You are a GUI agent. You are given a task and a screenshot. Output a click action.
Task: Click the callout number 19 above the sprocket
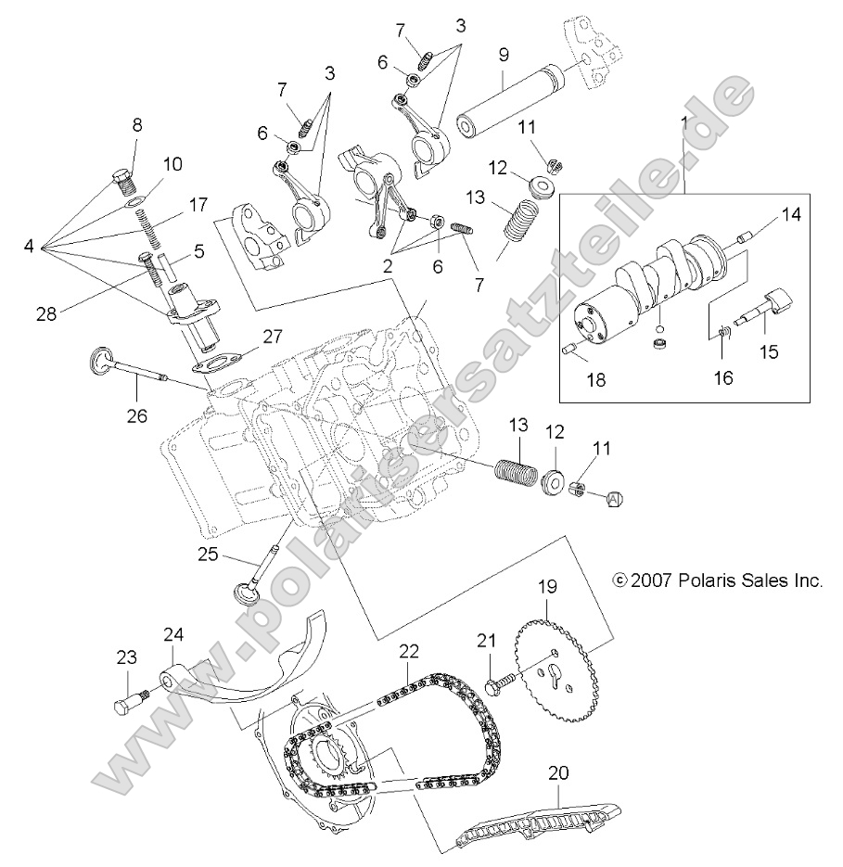(x=546, y=587)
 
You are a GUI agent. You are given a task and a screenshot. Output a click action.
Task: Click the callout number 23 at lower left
(x=127, y=657)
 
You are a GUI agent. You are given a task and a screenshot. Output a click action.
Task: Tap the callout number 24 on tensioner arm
(x=174, y=635)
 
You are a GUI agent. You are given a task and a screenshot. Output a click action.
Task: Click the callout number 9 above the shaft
(x=503, y=55)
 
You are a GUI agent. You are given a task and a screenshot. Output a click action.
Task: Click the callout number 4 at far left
(x=30, y=248)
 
